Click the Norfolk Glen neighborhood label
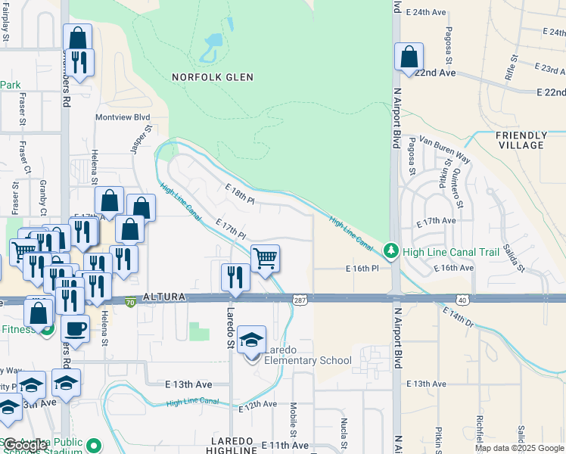[212, 77]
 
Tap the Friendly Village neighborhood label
[521, 140]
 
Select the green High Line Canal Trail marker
[390, 249]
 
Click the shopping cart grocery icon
[265, 259]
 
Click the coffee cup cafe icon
[75, 328]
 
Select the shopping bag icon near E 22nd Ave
[409, 58]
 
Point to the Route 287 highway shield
[300, 300]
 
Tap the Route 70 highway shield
[130, 300]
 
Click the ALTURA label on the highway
[163, 299]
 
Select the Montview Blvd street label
[123, 117]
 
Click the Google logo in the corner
[25, 445]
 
